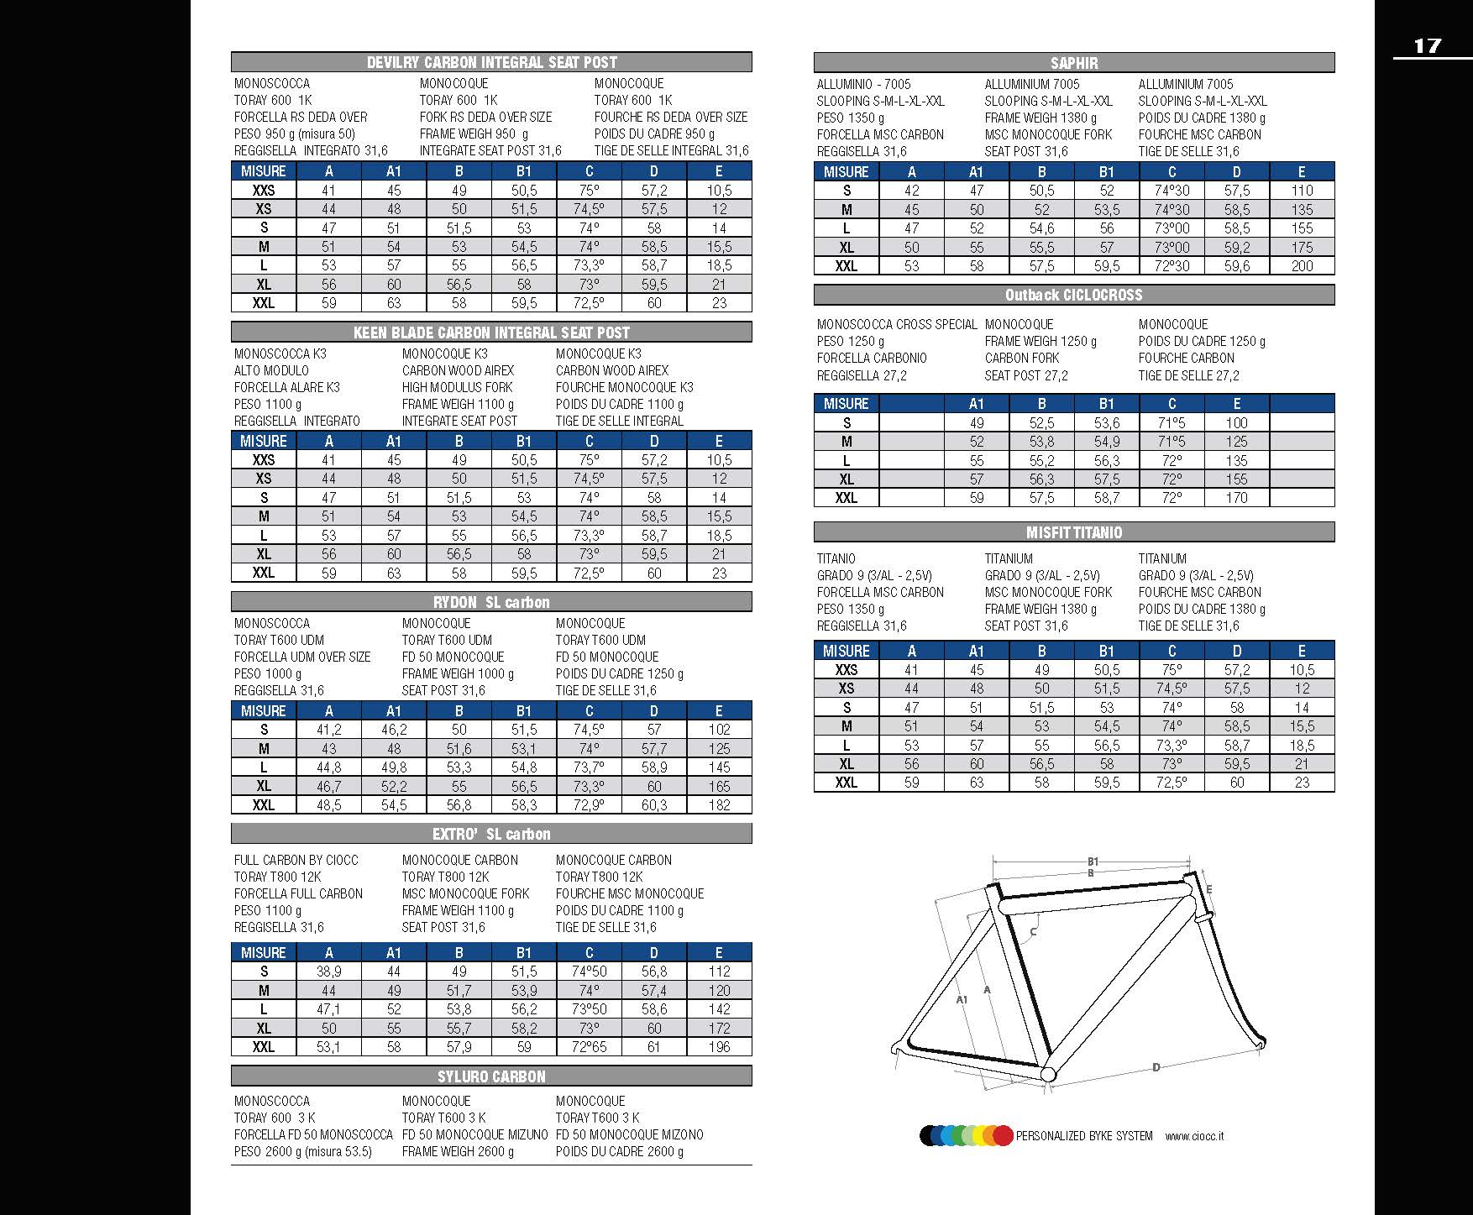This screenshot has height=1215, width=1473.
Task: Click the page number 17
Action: pyautogui.click(x=1427, y=45)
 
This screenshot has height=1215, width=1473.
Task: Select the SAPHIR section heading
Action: pyautogui.click(x=1073, y=63)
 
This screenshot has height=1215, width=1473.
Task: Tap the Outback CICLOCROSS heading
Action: pyautogui.click(x=1073, y=295)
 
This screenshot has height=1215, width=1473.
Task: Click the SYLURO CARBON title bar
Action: pyautogui.click(x=491, y=1076)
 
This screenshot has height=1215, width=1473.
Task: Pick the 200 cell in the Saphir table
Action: pyautogui.click(x=1302, y=266)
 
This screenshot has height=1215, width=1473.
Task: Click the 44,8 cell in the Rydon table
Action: pyautogui.click(x=328, y=767)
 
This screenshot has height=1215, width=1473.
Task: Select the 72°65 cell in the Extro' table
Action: pyautogui.click(x=589, y=1047)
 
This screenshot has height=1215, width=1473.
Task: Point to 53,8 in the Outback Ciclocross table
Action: pyautogui.click(x=1041, y=442)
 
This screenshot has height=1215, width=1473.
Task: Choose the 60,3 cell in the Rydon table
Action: pyautogui.click(x=654, y=805)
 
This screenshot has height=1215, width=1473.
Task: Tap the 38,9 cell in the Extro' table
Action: pyautogui.click(x=328, y=971)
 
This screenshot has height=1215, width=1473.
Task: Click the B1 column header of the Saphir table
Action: pyautogui.click(x=1107, y=172)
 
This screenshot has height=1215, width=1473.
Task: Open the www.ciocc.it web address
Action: pyautogui.click(x=1194, y=1136)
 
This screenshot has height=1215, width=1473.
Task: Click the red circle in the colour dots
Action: pyautogui.click(x=1003, y=1136)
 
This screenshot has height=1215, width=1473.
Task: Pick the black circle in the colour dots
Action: pyautogui.click(x=929, y=1136)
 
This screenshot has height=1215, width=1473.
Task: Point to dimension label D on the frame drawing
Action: pyautogui.click(x=1156, y=1067)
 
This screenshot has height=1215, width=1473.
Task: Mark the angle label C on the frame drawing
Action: pyautogui.click(x=1033, y=931)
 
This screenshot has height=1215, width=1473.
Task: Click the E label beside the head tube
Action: pyautogui.click(x=1209, y=889)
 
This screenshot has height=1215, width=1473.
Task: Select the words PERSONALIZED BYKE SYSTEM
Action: pyautogui.click(x=1084, y=1136)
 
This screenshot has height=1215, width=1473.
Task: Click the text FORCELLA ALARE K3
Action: pyautogui.click(x=286, y=387)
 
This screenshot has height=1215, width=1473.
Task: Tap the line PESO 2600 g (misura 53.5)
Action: pyautogui.click(x=302, y=1151)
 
